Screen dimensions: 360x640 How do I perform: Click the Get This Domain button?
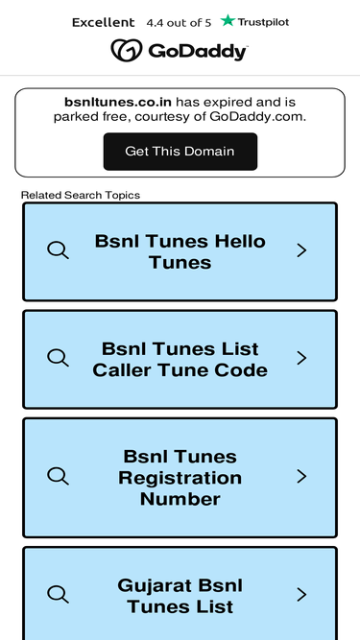point(180,152)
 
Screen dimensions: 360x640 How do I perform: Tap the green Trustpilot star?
point(228,20)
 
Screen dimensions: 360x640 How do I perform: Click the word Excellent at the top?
point(104,22)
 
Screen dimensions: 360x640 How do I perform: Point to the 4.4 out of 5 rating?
point(179,23)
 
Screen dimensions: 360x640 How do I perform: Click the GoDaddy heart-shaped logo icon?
point(127,50)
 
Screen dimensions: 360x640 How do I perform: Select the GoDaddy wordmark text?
point(198,52)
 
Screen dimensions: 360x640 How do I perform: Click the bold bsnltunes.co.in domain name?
point(118,102)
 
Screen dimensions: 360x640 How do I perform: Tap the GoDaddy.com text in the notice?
point(257,117)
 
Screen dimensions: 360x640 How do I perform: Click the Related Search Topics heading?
point(81,195)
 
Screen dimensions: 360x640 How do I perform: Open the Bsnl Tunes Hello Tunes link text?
point(180,251)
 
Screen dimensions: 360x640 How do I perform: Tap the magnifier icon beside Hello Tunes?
point(58,249)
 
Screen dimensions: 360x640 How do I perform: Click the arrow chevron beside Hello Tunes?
point(301,250)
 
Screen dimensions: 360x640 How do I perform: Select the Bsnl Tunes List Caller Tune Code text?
point(180,360)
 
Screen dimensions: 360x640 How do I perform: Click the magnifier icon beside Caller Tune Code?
point(58,358)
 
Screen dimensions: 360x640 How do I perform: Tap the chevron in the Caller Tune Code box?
point(301,358)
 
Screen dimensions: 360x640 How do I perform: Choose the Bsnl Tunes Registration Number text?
point(180,478)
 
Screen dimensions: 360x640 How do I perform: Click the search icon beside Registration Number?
point(58,476)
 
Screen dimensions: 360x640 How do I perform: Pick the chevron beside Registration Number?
point(301,476)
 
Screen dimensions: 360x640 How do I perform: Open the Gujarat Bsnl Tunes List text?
point(180,596)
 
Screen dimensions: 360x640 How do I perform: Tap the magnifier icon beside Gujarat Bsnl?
point(58,594)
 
